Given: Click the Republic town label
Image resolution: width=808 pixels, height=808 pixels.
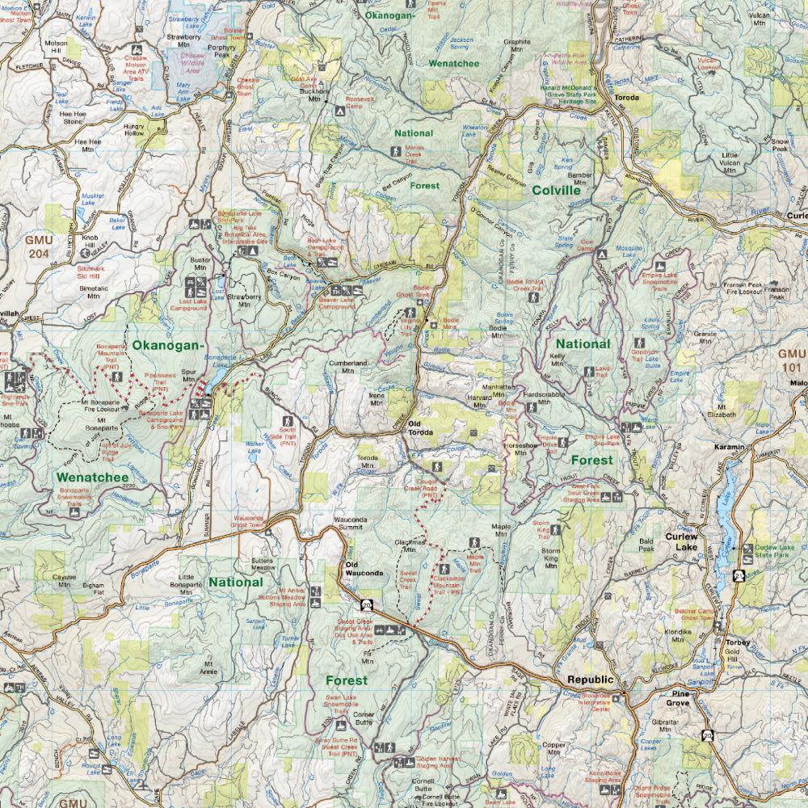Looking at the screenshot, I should [591, 680].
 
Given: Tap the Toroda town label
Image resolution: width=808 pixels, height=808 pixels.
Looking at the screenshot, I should [627, 98].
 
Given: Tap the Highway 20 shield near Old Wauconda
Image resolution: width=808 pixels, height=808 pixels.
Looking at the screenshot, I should [367, 604].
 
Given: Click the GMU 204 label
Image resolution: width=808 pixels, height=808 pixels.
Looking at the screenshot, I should [37, 246].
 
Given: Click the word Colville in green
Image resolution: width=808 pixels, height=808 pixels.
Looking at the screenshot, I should [562, 191].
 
